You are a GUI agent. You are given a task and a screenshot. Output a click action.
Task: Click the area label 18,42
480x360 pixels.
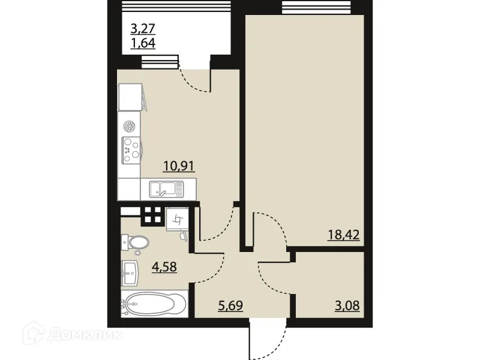point(343,234)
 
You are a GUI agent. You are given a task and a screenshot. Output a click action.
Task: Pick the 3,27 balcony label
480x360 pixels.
point(143,28)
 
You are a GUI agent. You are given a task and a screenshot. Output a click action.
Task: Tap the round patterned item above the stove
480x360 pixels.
point(128,126)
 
